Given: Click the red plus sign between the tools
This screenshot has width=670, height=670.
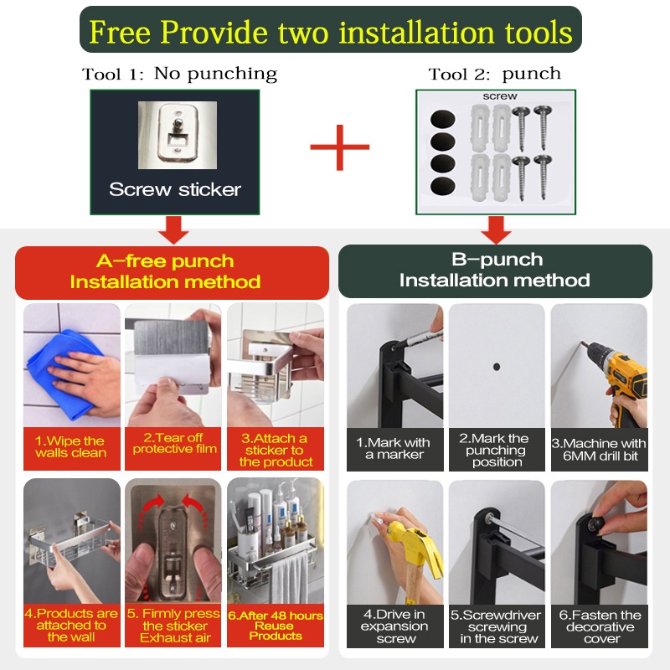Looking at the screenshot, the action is point(340,147).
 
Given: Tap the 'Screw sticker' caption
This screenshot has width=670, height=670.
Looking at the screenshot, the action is point(175,189).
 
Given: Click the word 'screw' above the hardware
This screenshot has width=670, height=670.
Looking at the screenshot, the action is point(500,96).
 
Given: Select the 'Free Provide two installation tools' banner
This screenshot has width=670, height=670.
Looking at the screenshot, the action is point(330,29).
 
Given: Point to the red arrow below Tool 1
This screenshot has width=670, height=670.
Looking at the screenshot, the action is point(173,229).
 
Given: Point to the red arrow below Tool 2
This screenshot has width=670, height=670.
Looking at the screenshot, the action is point(496,229).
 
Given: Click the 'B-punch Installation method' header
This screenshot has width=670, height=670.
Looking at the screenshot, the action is point(495,271).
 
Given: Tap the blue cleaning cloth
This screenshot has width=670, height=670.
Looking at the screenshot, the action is point(64,372).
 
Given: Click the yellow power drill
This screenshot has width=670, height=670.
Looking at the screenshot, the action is point(620,376).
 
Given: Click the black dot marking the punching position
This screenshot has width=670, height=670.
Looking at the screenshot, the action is point(497,367).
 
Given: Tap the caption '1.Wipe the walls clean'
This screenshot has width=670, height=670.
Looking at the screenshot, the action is point(71,447).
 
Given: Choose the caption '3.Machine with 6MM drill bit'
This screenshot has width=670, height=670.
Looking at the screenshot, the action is point(599,450).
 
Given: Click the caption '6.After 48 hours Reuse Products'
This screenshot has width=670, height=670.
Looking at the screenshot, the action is point(276,626).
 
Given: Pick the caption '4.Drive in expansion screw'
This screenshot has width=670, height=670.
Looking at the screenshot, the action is point(394,626).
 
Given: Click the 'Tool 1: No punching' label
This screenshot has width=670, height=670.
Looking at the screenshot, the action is point(179,74).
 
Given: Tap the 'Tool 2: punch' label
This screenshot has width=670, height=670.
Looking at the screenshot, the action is point(494,74).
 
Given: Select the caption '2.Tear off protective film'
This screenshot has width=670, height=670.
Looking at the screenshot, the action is point(174,443).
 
